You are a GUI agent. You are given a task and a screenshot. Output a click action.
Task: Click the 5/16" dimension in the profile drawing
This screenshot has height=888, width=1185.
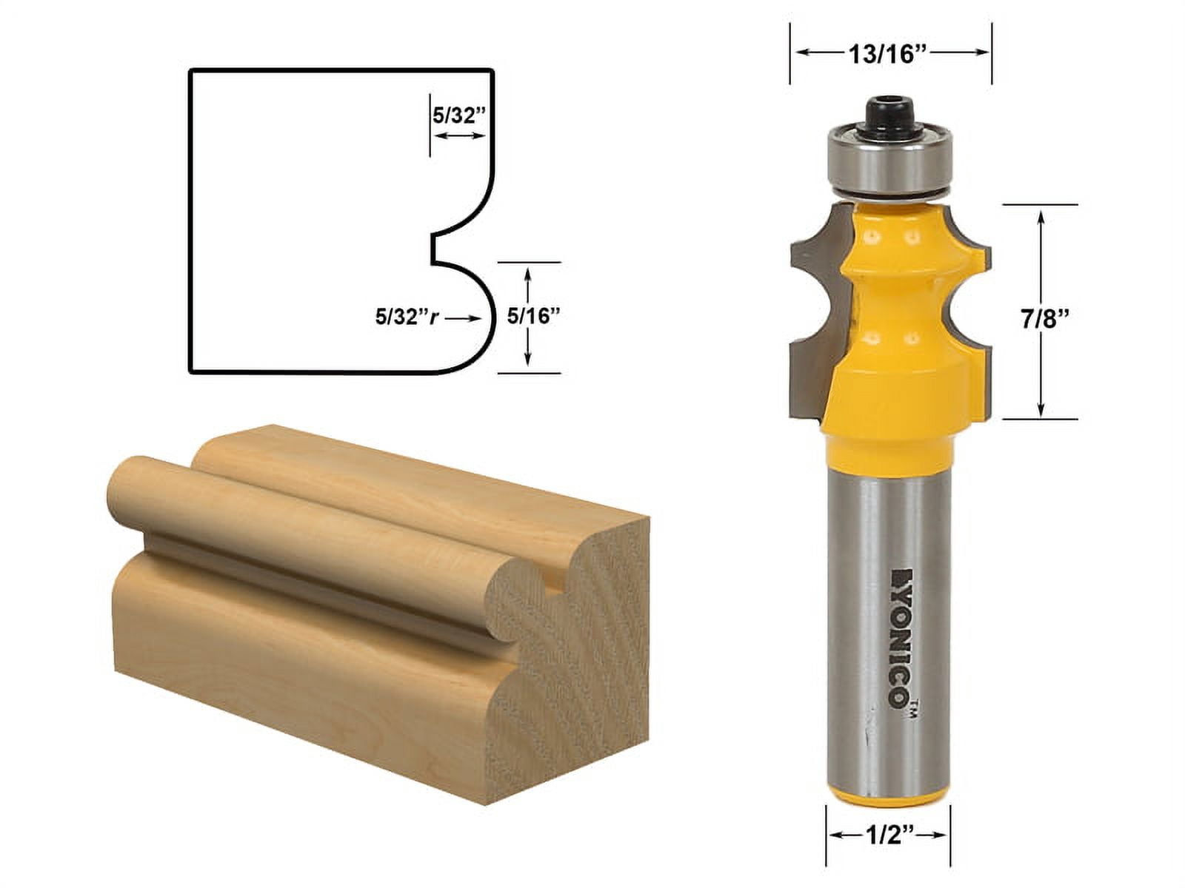pyautogui.click(x=533, y=317)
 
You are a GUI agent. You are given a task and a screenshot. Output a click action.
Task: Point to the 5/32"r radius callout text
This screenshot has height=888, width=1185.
pyautogui.click(x=407, y=317)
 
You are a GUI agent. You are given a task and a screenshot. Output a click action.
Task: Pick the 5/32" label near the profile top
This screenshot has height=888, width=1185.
pyautogui.click(x=458, y=115)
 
